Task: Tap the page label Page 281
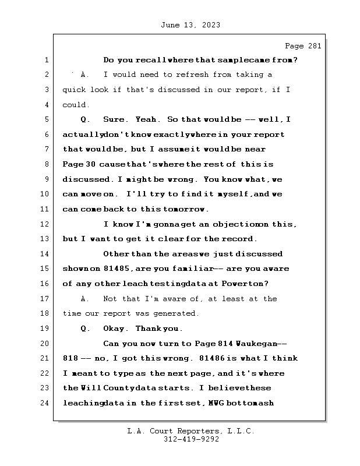click(x=302, y=46)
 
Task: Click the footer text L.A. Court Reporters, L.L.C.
click(x=190, y=432)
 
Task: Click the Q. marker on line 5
click(x=86, y=119)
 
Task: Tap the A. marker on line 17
click(x=86, y=299)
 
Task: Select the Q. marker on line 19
click(x=86, y=329)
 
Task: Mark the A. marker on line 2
click(x=86, y=75)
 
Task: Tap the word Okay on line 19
click(x=115, y=329)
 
